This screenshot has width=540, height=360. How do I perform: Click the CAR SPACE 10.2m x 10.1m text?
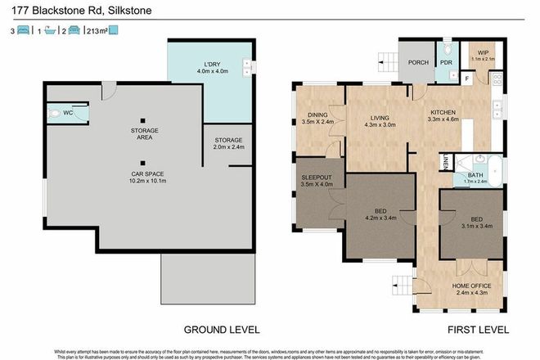pos(143,178)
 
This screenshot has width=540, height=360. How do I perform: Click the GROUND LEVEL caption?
pos(221,329)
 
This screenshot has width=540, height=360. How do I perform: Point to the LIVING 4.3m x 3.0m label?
pos(379,120)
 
